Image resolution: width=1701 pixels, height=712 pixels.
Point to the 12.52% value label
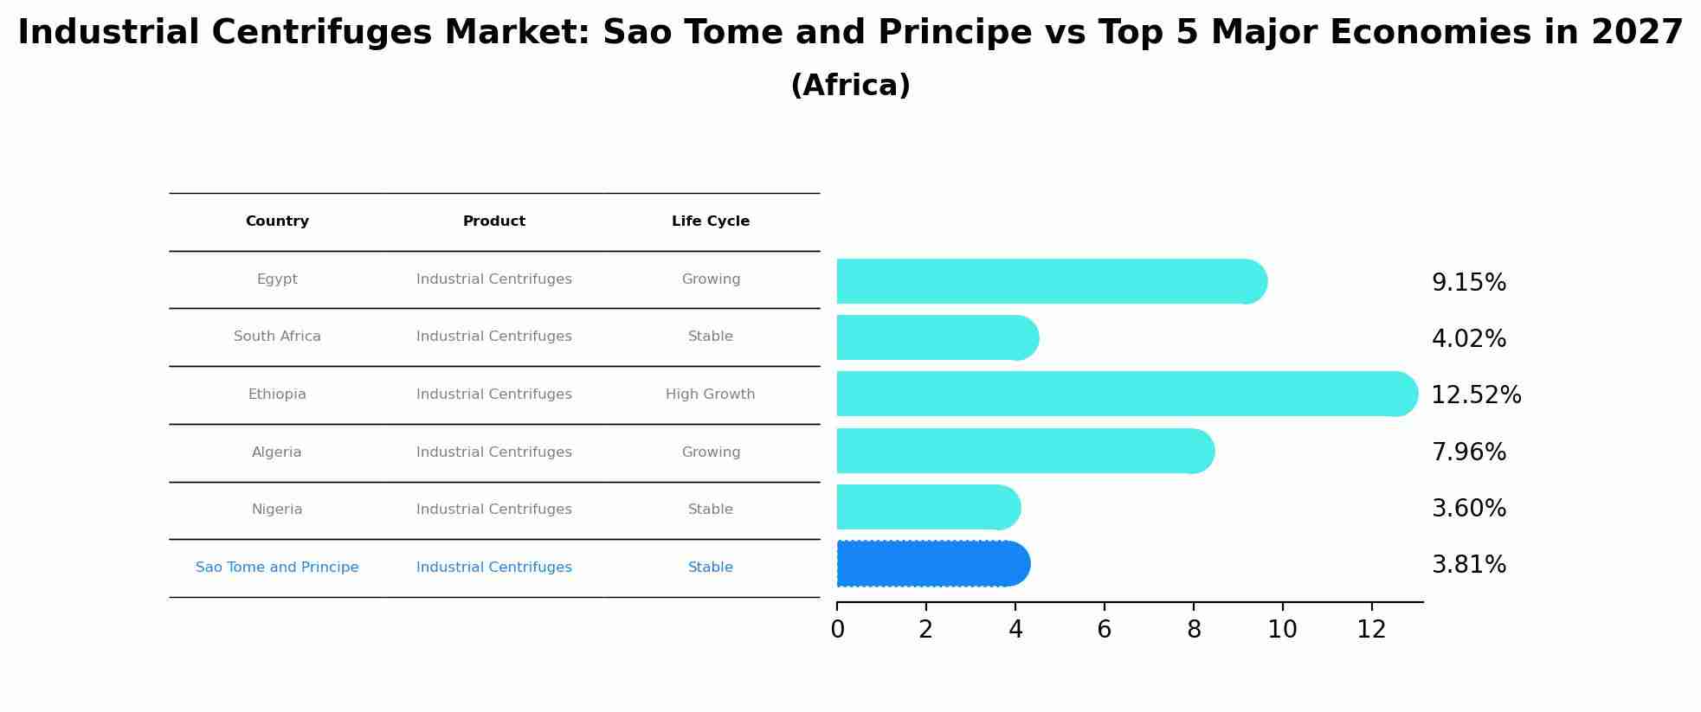coord(1475,395)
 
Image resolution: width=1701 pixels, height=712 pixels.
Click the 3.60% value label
coord(1468,509)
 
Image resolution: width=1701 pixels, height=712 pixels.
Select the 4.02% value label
coord(1468,339)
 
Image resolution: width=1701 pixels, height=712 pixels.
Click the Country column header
coord(277,221)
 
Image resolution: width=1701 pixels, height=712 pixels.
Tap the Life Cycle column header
coord(710,221)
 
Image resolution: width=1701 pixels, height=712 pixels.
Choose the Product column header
coord(493,221)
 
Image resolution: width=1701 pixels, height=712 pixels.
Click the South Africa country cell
coord(277,337)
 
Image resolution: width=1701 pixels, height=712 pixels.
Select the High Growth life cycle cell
coord(710,394)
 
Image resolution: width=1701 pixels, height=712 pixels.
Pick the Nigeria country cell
coord(277,510)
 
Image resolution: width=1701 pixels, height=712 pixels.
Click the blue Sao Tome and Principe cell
coord(277,568)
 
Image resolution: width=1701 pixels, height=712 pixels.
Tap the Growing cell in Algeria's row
coord(710,452)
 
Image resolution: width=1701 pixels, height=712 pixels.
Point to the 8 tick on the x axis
coord(1193,630)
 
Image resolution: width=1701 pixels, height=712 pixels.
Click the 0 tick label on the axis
coord(837,630)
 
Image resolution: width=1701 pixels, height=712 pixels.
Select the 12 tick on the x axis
coord(1371,630)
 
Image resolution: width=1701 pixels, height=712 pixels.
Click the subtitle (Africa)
coord(850,86)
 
